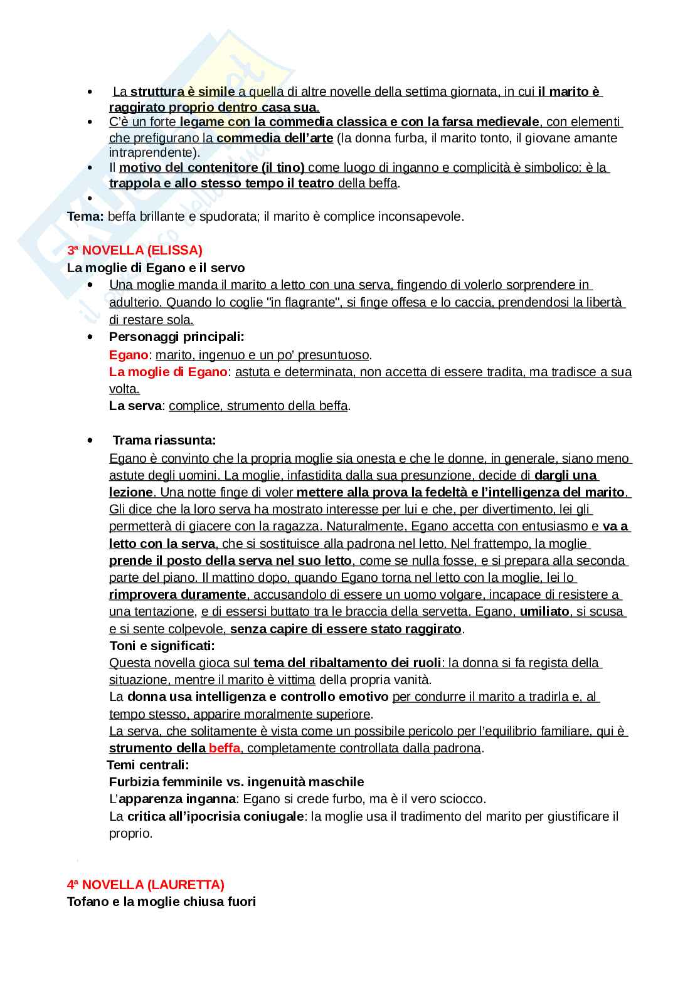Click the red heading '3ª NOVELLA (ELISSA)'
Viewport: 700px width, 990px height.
pyautogui.click(x=134, y=250)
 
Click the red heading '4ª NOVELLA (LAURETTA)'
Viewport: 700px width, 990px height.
pyautogui.click(x=146, y=885)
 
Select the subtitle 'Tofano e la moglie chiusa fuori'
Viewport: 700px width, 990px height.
pyautogui.click(x=161, y=902)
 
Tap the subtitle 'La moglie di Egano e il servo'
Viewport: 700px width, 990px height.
pyautogui.click(x=156, y=268)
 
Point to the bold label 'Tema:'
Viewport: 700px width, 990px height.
pyautogui.click(x=85, y=217)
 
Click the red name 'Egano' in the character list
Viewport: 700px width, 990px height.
pyautogui.click(x=129, y=355)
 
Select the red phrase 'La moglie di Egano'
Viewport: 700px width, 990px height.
pyautogui.click(x=167, y=372)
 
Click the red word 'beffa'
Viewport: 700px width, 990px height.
pyautogui.click(x=224, y=748)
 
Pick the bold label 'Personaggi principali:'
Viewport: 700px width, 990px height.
pyautogui.click(x=176, y=337)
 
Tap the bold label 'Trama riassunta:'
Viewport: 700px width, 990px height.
pyautogui.click(x=164, y=440)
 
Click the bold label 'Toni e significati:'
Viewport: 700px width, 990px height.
pyautogui.click(x=162, y=646)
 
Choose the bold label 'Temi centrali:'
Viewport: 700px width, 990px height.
pyautogui.click(x=148, y=765)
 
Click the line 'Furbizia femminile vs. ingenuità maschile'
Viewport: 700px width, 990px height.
pyautogui.click(x=236, y=782)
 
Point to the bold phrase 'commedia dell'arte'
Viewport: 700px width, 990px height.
pyautogui.click(x=275, y=138)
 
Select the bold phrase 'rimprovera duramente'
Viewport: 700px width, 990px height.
pyautogui.click(x=178, y=594)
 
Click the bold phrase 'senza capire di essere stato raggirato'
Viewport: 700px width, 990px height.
pyautogui.click(x=346, y=629)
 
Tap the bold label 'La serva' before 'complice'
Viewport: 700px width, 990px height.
pyautogui.click(x=135, y=406)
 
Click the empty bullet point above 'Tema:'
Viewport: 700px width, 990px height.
pyautogui.click(x=91, y=199)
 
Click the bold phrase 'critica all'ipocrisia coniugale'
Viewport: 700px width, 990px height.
pyautogui.click(x=215, y=816)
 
